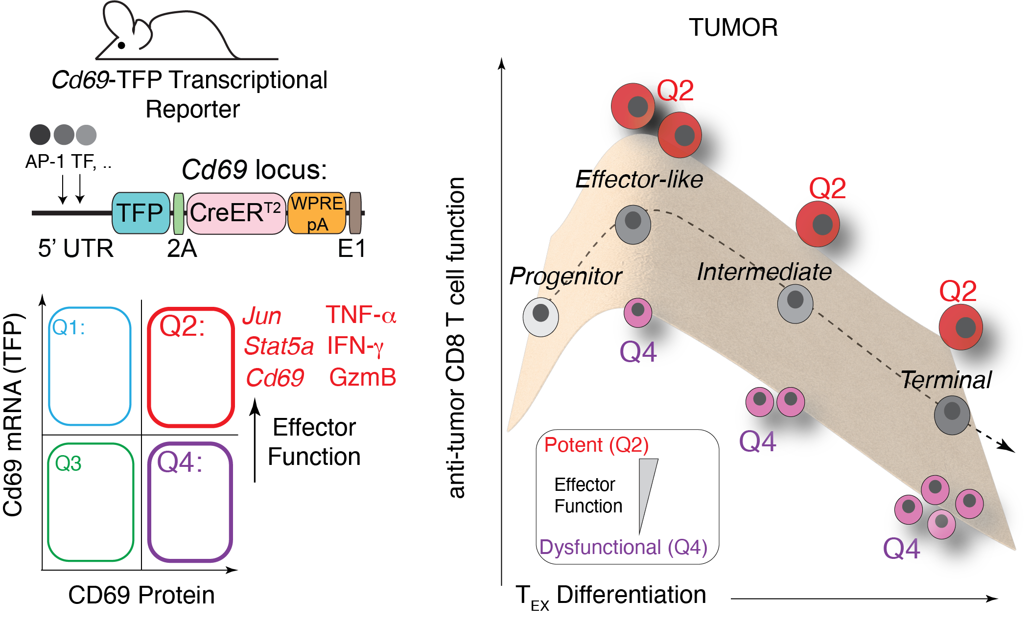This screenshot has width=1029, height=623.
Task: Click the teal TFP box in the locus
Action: (140, 213)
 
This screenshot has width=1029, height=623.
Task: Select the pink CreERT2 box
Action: (236, 213)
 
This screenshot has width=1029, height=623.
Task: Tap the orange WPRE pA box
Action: (317, 213)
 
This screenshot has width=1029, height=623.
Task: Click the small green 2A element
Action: (179, 213)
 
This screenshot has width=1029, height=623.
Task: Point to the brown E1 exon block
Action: (355, 213)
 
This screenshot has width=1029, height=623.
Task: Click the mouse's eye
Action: (121, 46)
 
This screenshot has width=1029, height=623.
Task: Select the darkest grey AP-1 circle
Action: (40, 135)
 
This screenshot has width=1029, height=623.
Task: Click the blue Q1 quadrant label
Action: (69, 327)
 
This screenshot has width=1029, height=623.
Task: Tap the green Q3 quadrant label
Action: (68, 463)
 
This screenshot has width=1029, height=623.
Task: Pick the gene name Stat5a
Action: (279, 346)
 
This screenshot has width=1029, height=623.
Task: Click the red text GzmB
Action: (362, 378)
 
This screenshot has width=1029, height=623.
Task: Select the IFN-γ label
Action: (355, 346)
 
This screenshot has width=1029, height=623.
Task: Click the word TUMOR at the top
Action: (733, 27)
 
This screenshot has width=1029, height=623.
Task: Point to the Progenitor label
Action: (565, 277)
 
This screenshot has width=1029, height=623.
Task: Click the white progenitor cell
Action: (540, 317)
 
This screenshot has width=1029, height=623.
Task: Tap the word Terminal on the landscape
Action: (946, 380)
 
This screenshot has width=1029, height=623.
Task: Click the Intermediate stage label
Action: (764, 272)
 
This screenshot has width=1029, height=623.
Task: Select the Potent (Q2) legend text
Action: (596, 445)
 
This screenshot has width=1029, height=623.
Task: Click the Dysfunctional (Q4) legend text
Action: (623, 547)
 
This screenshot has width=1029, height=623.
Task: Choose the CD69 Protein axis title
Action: (141, 595)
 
